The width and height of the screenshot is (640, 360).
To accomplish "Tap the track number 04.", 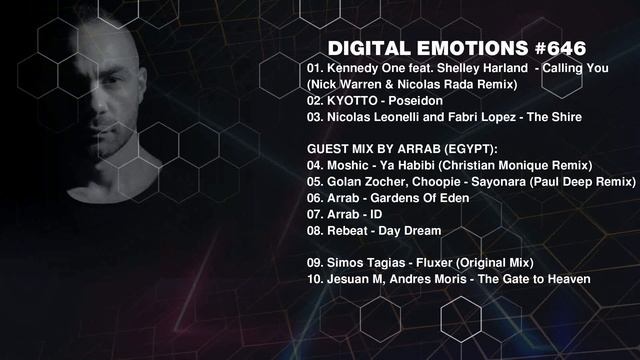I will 314,164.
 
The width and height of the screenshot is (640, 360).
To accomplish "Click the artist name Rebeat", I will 350,230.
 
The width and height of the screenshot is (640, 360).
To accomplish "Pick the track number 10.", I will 314,279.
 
